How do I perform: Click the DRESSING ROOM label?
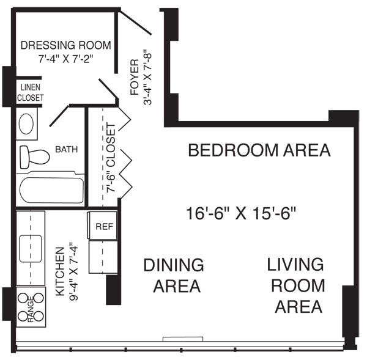pyautogui.click(x=65, y=45)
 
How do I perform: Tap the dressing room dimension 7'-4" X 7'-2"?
pyautogui.click(x=65, y=59)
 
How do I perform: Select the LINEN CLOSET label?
pyautogui.click(x=29, y=92)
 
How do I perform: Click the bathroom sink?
pyautogui.click(x=27, y=124)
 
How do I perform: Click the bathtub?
pyautogui.click(x=51, y=190)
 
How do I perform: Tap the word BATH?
pyautogui.click(x=67, y=149)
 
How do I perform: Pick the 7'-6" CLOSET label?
pyautogui.click(x=111, y=158)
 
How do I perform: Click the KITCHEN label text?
pyautogui.click(x=60, y=272)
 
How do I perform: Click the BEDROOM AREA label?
pyautogui.click(x=259, y=150)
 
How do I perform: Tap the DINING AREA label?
pyautogui.click(x=173, y=276)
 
